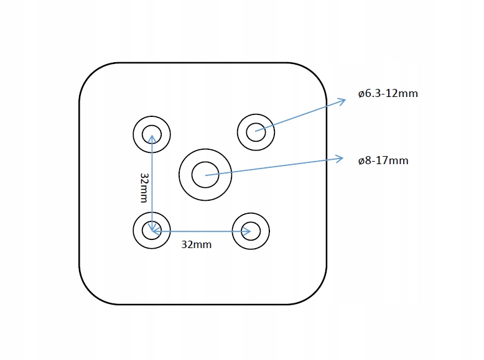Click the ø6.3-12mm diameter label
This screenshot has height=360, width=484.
(388, 94)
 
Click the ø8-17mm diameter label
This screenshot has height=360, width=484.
(383, 160)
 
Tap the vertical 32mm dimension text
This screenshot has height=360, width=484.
(144, 187)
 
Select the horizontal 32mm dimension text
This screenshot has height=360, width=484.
(196, 244)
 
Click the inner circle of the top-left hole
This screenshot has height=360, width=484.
(152, 134)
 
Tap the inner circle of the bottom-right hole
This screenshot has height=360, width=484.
(251, 232)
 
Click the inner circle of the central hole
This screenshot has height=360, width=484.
(205, 175)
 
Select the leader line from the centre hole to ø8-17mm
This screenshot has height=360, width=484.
(274, 167)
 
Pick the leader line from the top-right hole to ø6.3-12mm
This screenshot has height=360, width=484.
(299, 116)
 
